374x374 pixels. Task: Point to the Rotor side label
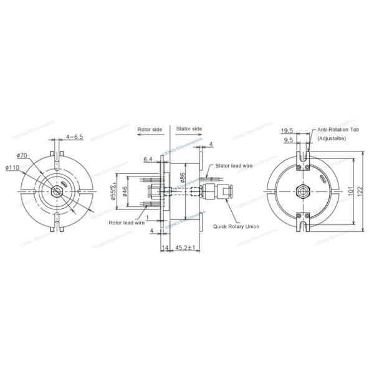(150, 129)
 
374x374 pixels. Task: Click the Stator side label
(189, 129)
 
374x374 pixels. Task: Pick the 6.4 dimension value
(148, 160)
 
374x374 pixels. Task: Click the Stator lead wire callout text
(233, 166)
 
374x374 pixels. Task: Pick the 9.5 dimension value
(289, 141)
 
